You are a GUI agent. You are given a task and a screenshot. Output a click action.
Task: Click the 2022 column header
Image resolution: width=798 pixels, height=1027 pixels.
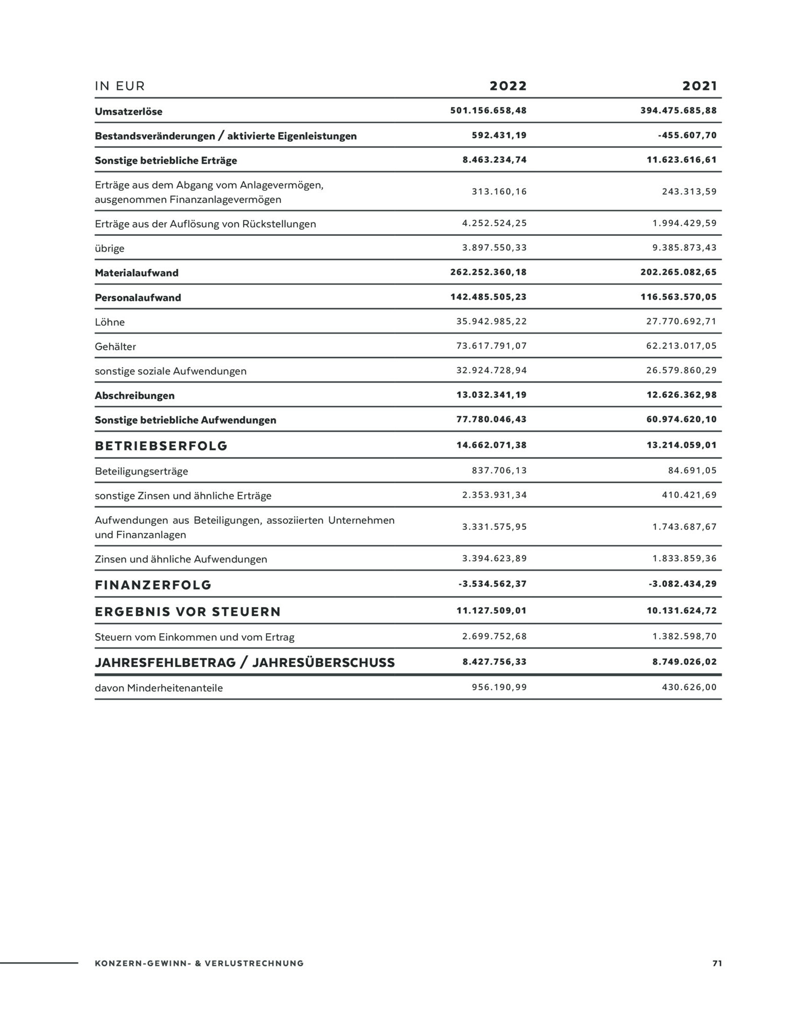pos(508,86)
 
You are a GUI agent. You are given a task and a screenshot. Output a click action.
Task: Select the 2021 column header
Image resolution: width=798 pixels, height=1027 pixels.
pos(699,86)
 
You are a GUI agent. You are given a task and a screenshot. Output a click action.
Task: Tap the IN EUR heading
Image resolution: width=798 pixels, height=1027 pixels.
pos(120,86)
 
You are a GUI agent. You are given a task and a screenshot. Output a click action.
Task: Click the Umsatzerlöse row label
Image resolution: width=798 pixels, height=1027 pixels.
pos(128,111)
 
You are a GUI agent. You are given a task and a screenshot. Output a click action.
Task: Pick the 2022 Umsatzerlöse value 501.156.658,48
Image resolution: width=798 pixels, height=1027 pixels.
pos(489,110)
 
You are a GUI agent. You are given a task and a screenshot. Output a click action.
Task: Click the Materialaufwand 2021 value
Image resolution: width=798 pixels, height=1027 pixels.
pos(678,272)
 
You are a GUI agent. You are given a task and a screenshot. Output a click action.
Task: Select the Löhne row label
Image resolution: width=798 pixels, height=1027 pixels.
pos(110,322)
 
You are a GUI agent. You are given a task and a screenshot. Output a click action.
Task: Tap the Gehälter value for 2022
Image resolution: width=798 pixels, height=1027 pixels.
pos(492,346)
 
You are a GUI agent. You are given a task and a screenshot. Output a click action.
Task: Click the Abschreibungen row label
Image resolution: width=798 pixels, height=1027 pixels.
pos(134,395)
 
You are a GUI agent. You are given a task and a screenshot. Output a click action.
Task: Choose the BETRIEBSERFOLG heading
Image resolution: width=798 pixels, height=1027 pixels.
pos(161,446)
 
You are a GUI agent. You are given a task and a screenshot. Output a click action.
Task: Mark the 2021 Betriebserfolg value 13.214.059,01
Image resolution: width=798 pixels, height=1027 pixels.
pos(682,445)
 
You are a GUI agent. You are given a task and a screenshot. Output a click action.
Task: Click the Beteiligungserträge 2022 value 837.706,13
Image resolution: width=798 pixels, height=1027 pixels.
pos(499,470)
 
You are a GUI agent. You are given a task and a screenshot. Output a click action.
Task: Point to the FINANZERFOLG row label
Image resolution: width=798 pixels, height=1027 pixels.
pos(153,585)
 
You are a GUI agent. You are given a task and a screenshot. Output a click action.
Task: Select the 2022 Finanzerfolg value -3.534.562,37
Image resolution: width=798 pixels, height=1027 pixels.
pos(492,584)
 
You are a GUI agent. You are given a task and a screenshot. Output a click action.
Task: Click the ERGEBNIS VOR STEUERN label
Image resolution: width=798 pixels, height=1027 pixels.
pos(188,612)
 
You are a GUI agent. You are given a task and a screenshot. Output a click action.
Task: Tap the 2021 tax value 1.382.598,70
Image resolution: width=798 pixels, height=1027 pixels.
pos(685,636)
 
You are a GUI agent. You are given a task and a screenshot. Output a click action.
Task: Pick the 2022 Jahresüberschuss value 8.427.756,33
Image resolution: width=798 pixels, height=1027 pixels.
pos(495,662)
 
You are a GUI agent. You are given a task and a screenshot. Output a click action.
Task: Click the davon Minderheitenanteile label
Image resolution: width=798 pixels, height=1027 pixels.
pos(159,688)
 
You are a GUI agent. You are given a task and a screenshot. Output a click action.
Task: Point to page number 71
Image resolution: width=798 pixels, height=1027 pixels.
pos(717,963)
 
